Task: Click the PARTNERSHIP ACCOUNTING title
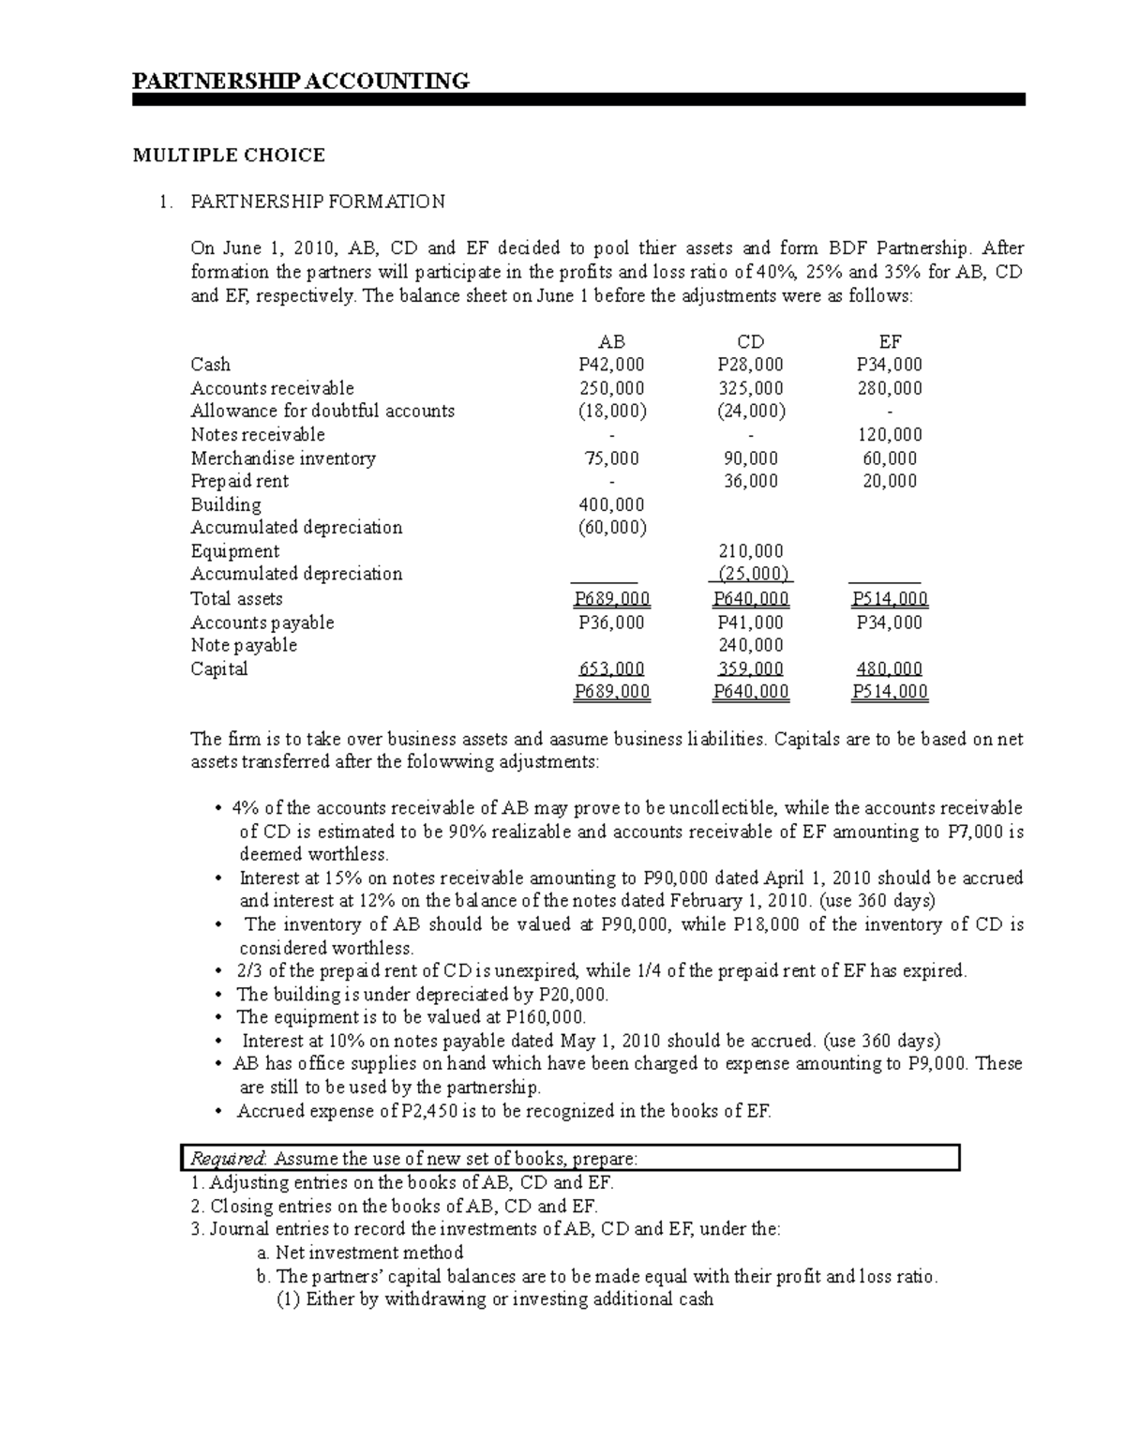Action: click(300, 81)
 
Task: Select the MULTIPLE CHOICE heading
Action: click(229, 155)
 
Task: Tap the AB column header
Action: click(611, 342)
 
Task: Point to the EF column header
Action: click(889, 342)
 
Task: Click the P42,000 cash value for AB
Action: click(611, 365)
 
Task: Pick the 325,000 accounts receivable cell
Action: click(750, 388)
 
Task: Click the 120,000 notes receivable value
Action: click(889, 434)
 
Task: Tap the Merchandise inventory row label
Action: click(283, 458)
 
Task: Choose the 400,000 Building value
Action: click(611, 504)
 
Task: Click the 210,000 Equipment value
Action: click(750, 551)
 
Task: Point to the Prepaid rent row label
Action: click(239, 481)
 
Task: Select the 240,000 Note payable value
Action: click(750, 645)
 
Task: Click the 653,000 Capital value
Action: click(611, 668)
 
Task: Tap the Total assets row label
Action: click(236, 599)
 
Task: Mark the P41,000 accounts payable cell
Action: click(750, 623)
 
